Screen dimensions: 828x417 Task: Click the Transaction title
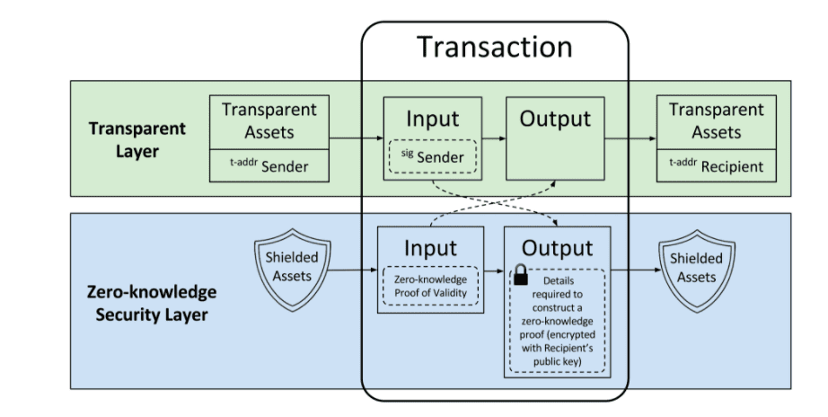pos(495,47)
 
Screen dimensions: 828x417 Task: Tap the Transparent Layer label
pos(137,139)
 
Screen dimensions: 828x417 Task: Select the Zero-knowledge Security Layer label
pos(152,303)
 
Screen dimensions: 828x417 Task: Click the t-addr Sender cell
pos(269,166)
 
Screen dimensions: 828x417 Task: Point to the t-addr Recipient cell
pos(716,166)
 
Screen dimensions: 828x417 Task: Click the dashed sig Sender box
pos(433,156)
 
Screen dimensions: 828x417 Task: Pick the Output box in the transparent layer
pos(555,138)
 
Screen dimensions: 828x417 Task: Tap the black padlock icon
pos(521,274)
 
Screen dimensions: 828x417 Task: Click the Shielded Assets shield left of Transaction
pos(293,269)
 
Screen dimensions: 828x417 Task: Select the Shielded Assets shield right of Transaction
pos(697,271)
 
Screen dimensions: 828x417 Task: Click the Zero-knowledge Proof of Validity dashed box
pos(430,286)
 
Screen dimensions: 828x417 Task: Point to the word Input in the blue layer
pos(430,248)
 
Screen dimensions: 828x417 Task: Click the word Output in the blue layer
pos(557,248)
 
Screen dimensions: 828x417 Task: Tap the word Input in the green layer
pos(433,119)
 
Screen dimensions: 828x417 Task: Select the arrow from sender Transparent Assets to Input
pos(357,138)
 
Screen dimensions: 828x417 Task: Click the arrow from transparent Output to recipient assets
pos(630,139)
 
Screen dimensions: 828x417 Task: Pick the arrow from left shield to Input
pos(352,271)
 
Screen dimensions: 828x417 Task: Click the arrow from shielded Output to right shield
pos(636,271)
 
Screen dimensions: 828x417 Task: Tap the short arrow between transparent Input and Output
pos(494,139)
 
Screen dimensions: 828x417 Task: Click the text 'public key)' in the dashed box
pos(557,361)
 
